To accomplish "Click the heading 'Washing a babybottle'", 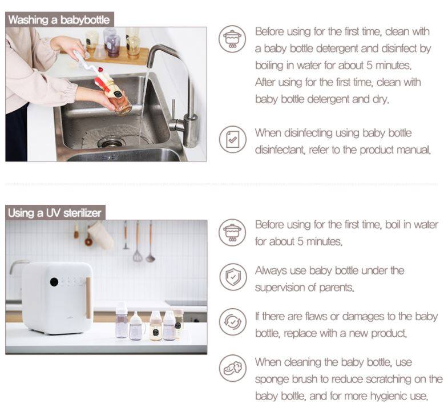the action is tap(59, 20).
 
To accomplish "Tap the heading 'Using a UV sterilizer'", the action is tap(55, 213).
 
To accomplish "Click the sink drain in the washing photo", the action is tap(111, 142).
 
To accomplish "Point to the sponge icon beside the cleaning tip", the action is tap(233, 368).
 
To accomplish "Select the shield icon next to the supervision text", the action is tap(233, 277).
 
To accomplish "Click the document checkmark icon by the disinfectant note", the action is tap(233, 139).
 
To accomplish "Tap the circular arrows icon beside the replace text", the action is tap(233, 322).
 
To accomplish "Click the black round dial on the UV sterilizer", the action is tap(54, 282).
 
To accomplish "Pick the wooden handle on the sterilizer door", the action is tap(88, 298).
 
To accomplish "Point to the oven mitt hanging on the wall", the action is tap(100, 236).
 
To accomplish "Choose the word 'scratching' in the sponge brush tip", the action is tap(389, 379).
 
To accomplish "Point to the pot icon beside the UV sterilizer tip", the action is tap(233, 233).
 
